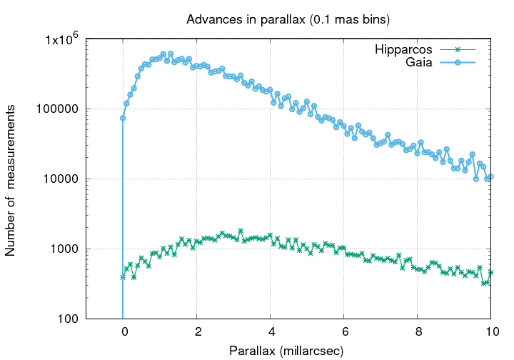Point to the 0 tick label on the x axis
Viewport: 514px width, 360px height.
(124, 332)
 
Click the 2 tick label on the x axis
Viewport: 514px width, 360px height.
(197, 332)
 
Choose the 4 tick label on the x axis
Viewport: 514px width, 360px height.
(271, 332)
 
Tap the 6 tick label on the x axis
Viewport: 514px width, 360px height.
(344, 332)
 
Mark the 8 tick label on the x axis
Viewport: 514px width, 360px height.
(418, 332)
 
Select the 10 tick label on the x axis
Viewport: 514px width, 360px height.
(491, 332)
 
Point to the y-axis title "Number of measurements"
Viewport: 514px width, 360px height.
(11, 179)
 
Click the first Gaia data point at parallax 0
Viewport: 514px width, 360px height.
(123, 118)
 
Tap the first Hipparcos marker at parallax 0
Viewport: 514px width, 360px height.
(123, 276)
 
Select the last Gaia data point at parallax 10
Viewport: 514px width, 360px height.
(491, 176)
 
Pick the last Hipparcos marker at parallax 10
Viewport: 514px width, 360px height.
(491, 272)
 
